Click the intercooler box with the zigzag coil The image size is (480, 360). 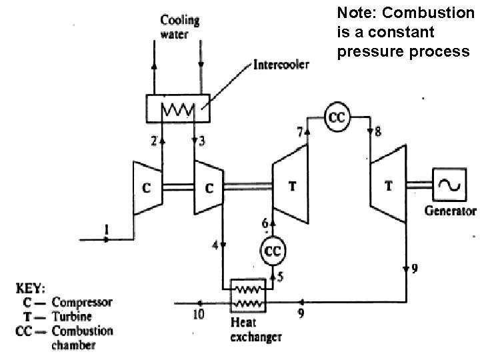[179, 108]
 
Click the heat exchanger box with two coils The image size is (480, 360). [247, 295]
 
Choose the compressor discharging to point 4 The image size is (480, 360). [208, 187]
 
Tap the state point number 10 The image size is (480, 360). [199, 314]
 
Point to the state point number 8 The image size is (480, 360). [378, 132]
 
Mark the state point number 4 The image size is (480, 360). [215, 246]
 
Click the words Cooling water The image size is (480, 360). [179, 27]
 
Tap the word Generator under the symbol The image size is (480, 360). [451, 212]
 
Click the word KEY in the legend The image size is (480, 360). [30, 289]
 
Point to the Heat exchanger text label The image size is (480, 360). [255, 330]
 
